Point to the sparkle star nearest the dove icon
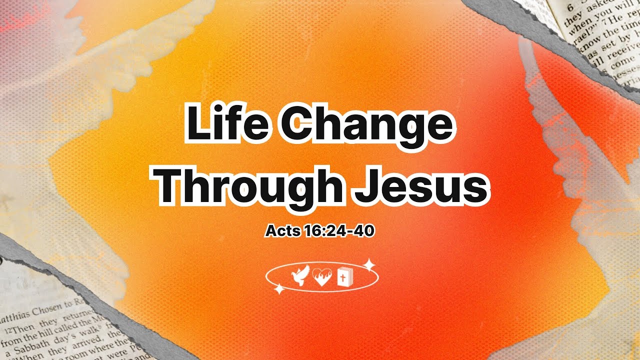tap(278, 288)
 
